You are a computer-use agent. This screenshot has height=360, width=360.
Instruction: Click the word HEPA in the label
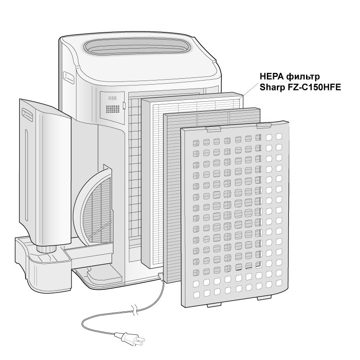pos(271,76)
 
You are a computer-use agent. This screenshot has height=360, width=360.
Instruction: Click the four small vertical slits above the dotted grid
pos(112,98)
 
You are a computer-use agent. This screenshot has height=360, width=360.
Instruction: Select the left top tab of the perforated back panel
pos(213,129)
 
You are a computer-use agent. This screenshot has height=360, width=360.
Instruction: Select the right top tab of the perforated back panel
pos(264,125)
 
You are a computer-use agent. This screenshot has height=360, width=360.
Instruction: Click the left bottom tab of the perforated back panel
pos(215,305)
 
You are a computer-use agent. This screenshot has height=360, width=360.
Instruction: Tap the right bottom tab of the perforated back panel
pos(264,298)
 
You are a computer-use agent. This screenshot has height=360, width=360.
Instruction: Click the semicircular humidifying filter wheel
pos(94,207)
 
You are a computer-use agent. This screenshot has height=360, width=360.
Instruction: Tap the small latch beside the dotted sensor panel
pos(124,105)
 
